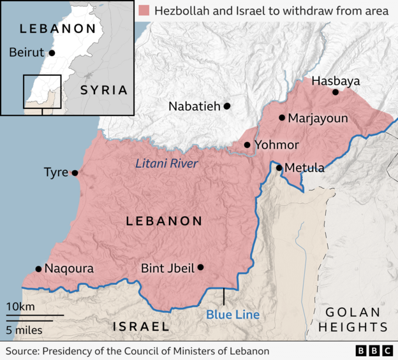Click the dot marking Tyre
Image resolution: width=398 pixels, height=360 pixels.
tap(75, 173)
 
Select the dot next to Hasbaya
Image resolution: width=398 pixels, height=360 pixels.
tap(335, 92)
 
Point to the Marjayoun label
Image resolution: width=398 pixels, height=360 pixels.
tap(318, 119)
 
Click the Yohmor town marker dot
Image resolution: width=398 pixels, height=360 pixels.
tap(247, 145)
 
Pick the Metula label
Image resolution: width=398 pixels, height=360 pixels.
tap(304, 168)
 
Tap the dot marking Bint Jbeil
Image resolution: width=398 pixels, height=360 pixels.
tap(201, 268)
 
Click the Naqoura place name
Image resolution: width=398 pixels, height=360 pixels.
tap(69, 269)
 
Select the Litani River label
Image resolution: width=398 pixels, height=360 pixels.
tap(166, 164)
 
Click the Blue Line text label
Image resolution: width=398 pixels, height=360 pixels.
tap(233, 315)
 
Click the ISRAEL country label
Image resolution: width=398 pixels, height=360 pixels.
tap(141, 327)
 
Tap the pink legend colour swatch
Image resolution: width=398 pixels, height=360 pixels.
tap(144, 10)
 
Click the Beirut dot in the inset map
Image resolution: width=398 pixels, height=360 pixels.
tap(52, 53)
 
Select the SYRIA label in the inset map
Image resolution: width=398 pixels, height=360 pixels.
tap(103, 90)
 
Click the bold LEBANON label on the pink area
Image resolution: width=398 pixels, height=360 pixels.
tap(164, 221)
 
